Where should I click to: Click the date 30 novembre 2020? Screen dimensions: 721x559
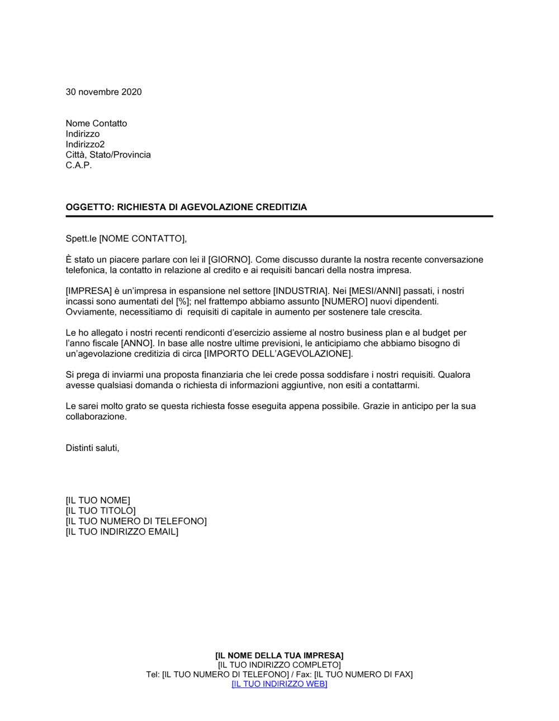click(103, 92)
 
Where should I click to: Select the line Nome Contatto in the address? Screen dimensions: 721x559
click(96, 124)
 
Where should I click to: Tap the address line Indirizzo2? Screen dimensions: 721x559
click(85, 144)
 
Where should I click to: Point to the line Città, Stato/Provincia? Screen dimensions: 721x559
click(108, 155)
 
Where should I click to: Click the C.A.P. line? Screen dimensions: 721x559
click(78, 165)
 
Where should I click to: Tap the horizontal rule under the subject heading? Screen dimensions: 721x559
click(279, 216)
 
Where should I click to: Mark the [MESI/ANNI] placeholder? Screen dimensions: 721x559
click(375, 291)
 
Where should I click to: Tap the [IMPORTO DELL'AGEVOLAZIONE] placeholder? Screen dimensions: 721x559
click(278, 354)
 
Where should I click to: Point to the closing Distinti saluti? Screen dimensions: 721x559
click(92, 448)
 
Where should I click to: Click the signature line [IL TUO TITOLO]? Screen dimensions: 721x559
click(101, 511)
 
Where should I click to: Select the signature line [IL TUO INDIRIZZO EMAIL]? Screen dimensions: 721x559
click(122, 532)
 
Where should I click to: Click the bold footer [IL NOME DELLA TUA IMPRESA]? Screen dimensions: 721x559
click(279, 656)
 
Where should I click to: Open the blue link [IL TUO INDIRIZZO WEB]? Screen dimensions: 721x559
click(279, 684)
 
